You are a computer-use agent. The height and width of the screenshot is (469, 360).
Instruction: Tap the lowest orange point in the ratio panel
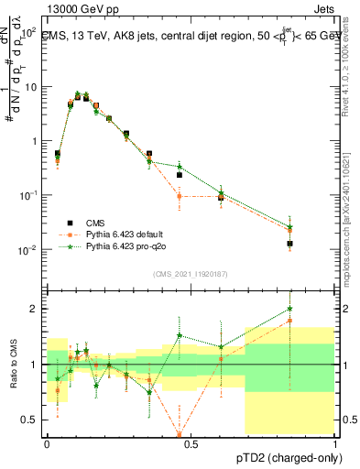[180, 434]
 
